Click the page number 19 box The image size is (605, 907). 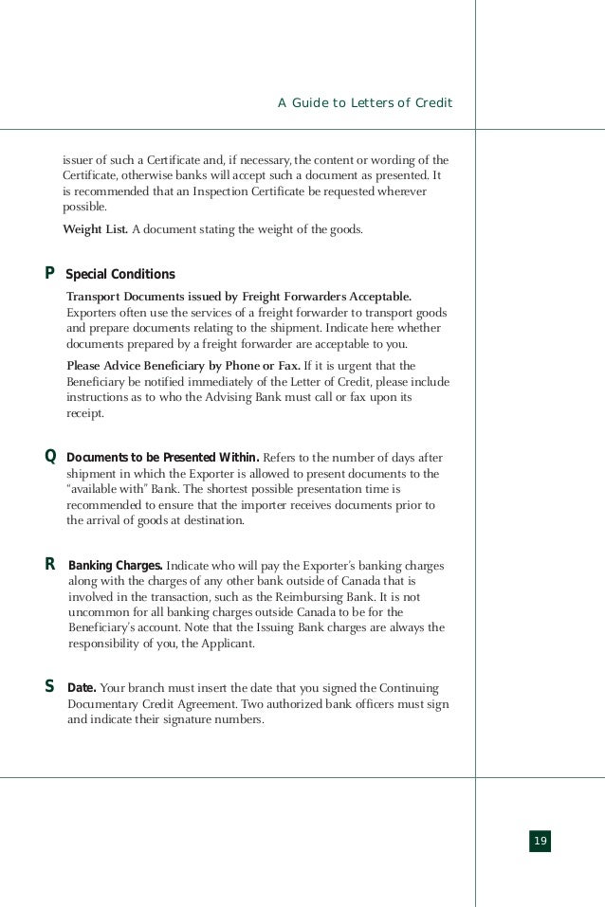tap(540, 841)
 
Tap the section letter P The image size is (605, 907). tap(49, 274)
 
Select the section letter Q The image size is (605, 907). tap(50, 456)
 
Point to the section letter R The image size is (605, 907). tap(49, 566)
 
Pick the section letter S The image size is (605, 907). tap(49, 685)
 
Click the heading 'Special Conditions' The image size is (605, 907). tap(120, 275)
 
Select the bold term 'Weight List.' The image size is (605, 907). tap(95, 228)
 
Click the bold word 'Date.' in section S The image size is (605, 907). tap(82, 685)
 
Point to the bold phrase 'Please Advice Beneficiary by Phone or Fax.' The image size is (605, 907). tap(183, 365)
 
